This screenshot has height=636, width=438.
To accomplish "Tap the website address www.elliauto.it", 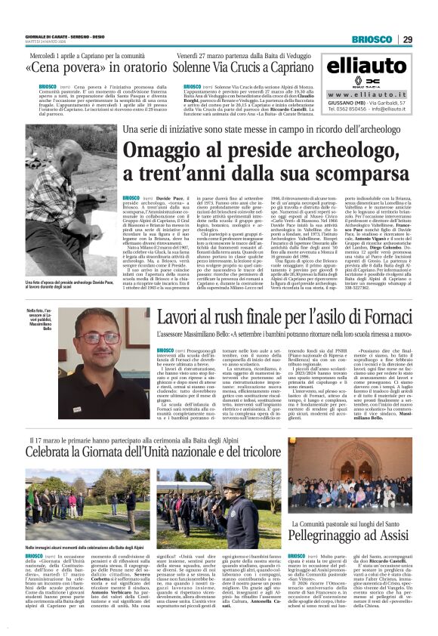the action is click(367, 94).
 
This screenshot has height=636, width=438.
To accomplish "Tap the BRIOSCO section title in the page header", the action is click(371, 39).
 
